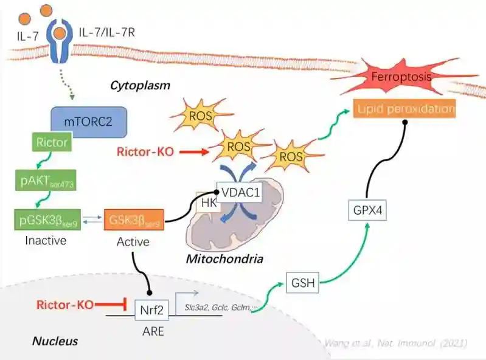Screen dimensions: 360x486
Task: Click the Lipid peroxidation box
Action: (x=406, y=109)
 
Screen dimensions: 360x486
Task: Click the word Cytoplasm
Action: (x=139, y=86)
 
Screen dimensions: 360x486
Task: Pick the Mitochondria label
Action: (x=224, y=260)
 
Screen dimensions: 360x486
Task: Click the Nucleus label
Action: (x=55, y=341)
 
